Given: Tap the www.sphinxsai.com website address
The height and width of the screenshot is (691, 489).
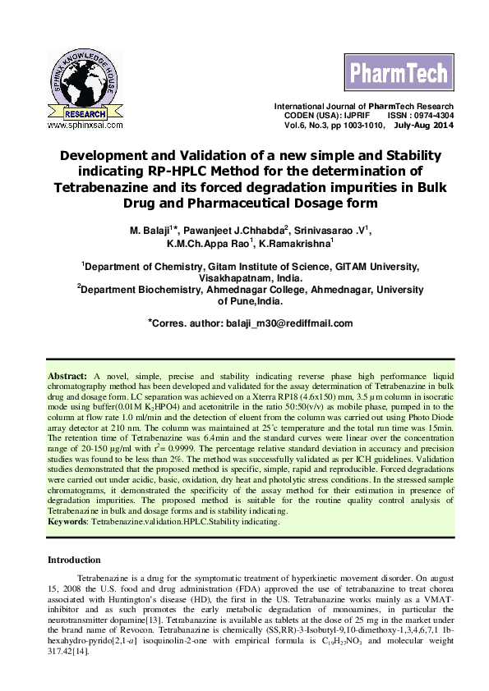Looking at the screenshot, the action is pos(85,126).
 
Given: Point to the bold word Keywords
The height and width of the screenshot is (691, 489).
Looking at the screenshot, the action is pos(67,520).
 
